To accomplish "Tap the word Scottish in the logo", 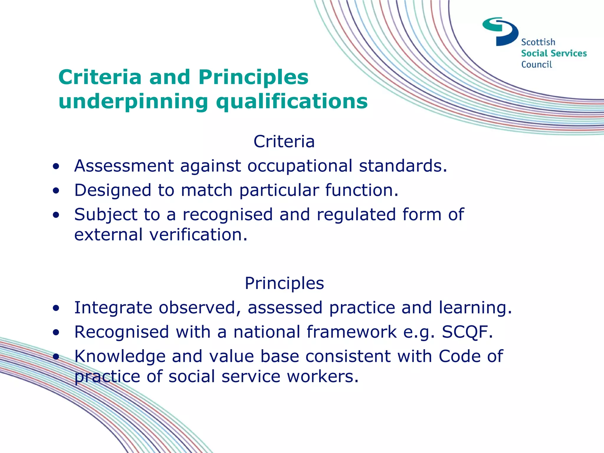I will coord(538,42).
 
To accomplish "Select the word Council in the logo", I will coord(536,65).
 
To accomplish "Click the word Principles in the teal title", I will coord(253,78).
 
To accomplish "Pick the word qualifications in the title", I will coord(292,102).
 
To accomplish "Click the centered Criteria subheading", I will coord(284,142).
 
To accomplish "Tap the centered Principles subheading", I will coord(284,283).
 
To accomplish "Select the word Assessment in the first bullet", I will coord(124,166).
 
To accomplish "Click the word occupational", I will coord(300,166).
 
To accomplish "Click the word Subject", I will coord(106,215).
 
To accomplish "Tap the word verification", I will coord(198,235).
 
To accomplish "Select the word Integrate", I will coord(113,308).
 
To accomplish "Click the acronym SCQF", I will coord(467,332).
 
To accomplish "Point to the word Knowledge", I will coord(120,356).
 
